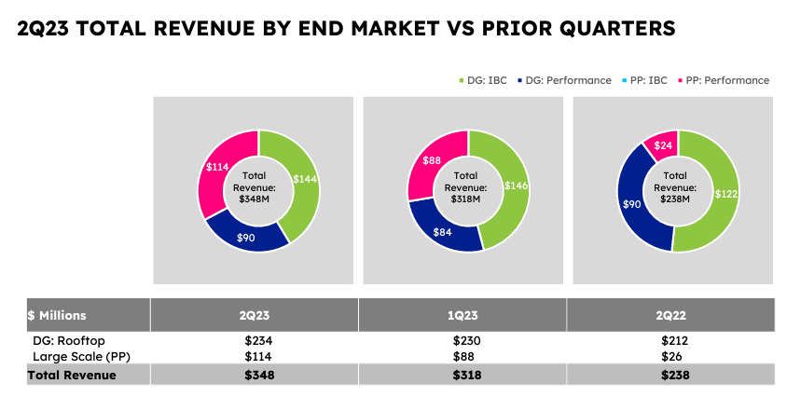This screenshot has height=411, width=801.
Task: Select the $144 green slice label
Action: click(305, 178)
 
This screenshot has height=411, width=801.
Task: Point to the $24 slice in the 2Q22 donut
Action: click(664, 145)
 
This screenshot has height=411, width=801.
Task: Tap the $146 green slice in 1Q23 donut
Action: click(516, 185)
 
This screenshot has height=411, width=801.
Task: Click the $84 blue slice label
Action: click(442, 231)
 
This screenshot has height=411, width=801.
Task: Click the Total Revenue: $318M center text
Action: click(466, 187)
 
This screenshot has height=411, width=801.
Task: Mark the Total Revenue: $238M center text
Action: click(676, 187)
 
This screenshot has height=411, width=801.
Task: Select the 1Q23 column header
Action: click(463, 315)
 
